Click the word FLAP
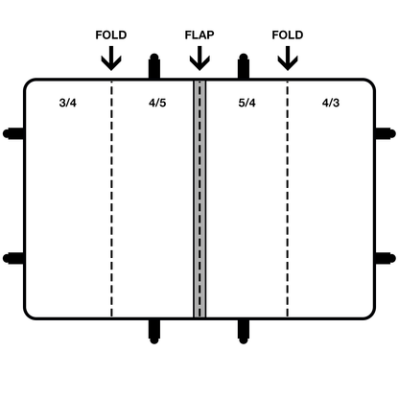199,35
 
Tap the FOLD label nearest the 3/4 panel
111,35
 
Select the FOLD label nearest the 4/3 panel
288,35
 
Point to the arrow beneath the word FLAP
199,59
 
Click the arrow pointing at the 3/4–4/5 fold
111,59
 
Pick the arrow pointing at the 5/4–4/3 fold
288,59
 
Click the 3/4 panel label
68,103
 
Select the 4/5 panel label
157,103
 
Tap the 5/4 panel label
246,103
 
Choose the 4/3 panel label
331,103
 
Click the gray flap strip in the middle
199,199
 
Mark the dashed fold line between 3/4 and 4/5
111,199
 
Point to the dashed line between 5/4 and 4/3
288,199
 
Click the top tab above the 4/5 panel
154,66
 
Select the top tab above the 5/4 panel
244,66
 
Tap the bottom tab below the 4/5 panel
154,332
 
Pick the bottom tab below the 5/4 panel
244,332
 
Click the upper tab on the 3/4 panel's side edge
13,133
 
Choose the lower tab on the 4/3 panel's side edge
386,258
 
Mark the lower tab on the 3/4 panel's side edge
13,258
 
